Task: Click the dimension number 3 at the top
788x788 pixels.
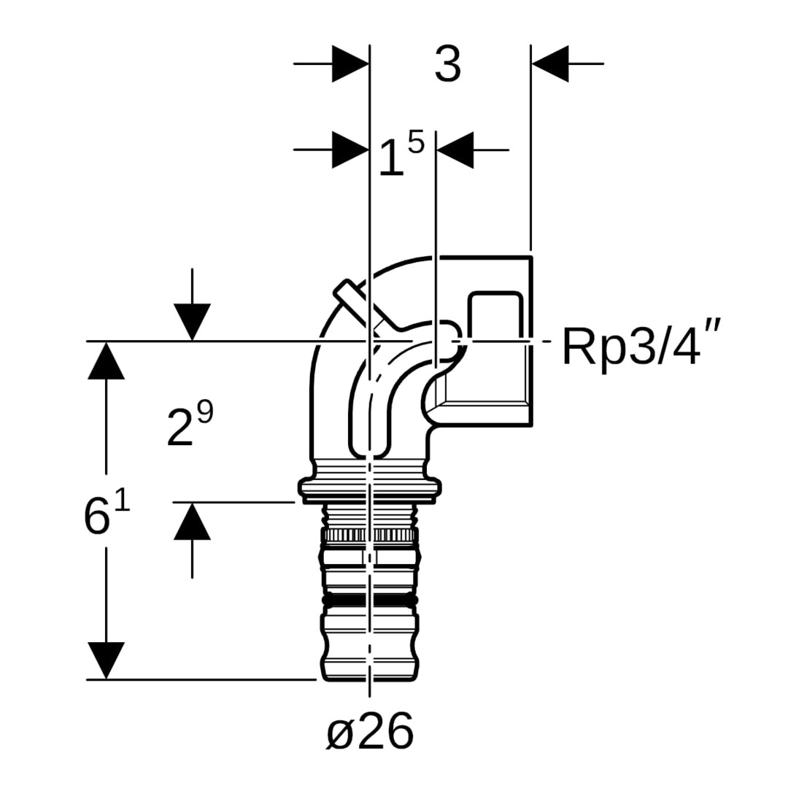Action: pyautogui.click(x=447, y=64)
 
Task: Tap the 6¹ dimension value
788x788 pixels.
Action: pyautogui.click(x=107, y=514)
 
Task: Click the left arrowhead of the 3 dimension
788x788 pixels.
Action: pyautogui.click(x=350, y=64)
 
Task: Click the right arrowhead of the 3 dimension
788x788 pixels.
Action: pyautogui.click(x=550, y=64)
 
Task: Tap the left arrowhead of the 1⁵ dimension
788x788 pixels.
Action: pyautogui.click(x=350, y=150)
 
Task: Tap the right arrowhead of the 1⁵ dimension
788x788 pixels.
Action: pyautogui.click(x=455, y=150)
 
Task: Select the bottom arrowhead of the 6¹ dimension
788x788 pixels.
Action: pyautogui.click(x=107, y=660)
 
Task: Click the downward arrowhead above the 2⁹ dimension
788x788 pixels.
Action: pyautogui.click(x=192, y=322)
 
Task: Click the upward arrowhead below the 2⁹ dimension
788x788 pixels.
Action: pyautogui.click(x=192, y=522)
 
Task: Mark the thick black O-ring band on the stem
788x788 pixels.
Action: pyautogui.click(x=370, y=601)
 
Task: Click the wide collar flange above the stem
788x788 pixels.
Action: pyautogui.click(x=370, y=487)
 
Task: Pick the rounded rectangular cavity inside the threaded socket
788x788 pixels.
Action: pyautogui.click(x=495, y=316)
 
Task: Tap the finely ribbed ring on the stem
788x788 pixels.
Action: pyautogui.click(x=370, y=536)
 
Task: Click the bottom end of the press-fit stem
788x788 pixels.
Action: pyautogui.click(x=370, y=673)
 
